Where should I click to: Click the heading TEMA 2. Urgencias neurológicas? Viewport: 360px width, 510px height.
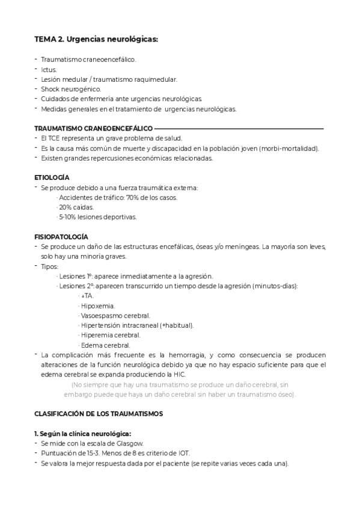(x=96, y=40)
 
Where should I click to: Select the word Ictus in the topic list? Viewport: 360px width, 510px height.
(x=49, y=70)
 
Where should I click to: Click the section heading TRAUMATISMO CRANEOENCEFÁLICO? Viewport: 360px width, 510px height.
(x=93, y=129)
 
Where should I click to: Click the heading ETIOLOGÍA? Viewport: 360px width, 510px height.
(x=52, y=177)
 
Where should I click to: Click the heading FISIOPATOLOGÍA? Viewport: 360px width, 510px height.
(x=61, y=237)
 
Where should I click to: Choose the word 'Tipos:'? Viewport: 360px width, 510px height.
(x=50, y=266)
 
